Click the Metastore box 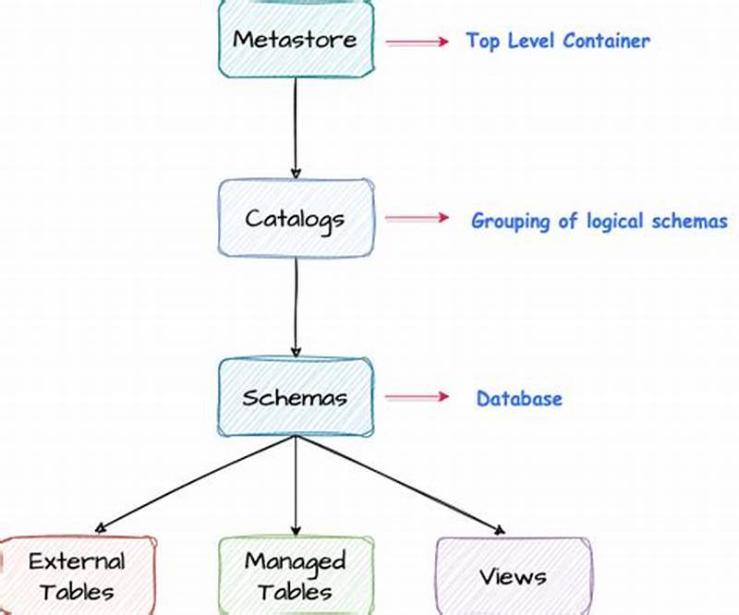coord(296,40)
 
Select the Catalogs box coord(296,219)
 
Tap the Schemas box coord(296,398)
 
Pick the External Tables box coord(77,575)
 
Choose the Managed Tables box coord(296,575)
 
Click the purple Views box coord(512,575)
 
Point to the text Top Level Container coord(558,41)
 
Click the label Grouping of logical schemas coord(600,221)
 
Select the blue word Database coord(519,399)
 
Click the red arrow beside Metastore coord(416,42)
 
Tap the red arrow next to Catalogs coord(416,219)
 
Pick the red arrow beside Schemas coord(416,398)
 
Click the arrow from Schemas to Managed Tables coord(296,485)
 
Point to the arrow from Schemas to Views coord(399,484)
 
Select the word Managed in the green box coord(296,561)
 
